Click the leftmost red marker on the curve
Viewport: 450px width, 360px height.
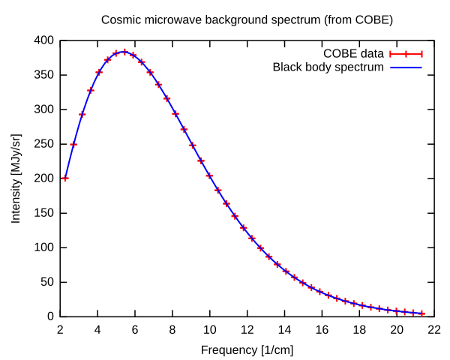(65, 178)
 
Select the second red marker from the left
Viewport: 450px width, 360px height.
(73, 145)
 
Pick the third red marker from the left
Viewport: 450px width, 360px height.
(82, 115)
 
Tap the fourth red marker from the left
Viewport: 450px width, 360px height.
(91, 90)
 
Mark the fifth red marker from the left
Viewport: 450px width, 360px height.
(99, 73)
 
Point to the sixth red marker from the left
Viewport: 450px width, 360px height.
(108, 59)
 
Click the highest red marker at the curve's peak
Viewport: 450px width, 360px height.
(124, 52)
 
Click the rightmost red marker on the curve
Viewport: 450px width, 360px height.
(421, 313)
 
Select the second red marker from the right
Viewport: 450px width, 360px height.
(413, 313)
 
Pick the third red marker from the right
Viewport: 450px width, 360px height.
(405, 311)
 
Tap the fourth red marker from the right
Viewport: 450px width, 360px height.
(396, 310)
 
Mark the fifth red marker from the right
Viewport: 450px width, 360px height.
(388, 310)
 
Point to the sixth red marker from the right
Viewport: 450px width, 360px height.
(379, 308)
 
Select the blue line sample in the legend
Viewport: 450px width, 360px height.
(406, 68)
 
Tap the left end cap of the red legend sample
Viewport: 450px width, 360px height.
(391, 54)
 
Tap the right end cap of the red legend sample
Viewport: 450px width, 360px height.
(421, 54)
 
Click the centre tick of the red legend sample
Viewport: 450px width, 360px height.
(406, 54)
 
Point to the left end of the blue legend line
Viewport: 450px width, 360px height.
(391, 68)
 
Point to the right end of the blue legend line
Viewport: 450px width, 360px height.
(421, 68)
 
